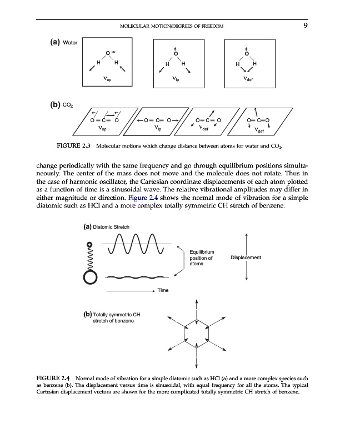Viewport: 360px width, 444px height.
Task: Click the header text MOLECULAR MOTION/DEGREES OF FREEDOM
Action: coord(172,26)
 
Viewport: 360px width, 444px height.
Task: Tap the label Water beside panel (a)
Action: coord(72,43)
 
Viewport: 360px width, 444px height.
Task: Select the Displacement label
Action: coord(245,258)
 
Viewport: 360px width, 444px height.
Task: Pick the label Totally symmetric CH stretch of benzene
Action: coord(111,318)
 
